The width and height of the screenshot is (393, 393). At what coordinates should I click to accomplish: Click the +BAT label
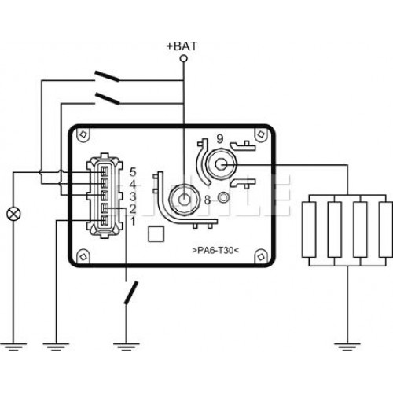coord(182,46)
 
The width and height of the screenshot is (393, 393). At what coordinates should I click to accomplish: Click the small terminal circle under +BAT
coord(184,58)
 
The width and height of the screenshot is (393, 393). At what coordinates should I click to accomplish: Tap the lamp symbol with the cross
coord(13,214)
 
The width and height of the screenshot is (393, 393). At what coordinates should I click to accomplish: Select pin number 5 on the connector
coord(133,172)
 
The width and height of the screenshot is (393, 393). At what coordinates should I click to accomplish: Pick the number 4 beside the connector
coord(133,185)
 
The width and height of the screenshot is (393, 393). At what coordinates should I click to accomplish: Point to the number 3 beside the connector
coord(133,196)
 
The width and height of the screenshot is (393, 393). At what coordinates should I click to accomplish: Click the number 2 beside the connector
coord(133,209)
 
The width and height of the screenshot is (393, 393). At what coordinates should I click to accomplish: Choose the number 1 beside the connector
coord(134,222)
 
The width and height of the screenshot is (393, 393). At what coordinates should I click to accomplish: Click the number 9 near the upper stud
coord(220,139)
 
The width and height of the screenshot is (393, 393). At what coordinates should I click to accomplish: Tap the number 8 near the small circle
coord(208,200)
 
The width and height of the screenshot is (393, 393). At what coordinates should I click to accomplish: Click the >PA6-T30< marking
coord(215,251)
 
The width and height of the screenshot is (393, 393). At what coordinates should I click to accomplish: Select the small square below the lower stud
coord(156,234)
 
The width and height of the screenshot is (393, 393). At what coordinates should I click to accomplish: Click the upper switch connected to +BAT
coord(107,76)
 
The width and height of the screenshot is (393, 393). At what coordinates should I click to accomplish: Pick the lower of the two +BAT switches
coord(107,98)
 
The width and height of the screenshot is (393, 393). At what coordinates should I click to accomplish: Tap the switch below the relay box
coord(131,292)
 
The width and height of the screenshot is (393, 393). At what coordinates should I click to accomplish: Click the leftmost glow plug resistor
coord(309,230)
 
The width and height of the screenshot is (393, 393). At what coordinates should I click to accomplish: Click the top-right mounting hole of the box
coord(261,134)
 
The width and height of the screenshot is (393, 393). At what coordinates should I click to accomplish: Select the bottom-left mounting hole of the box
coord(83,257)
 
